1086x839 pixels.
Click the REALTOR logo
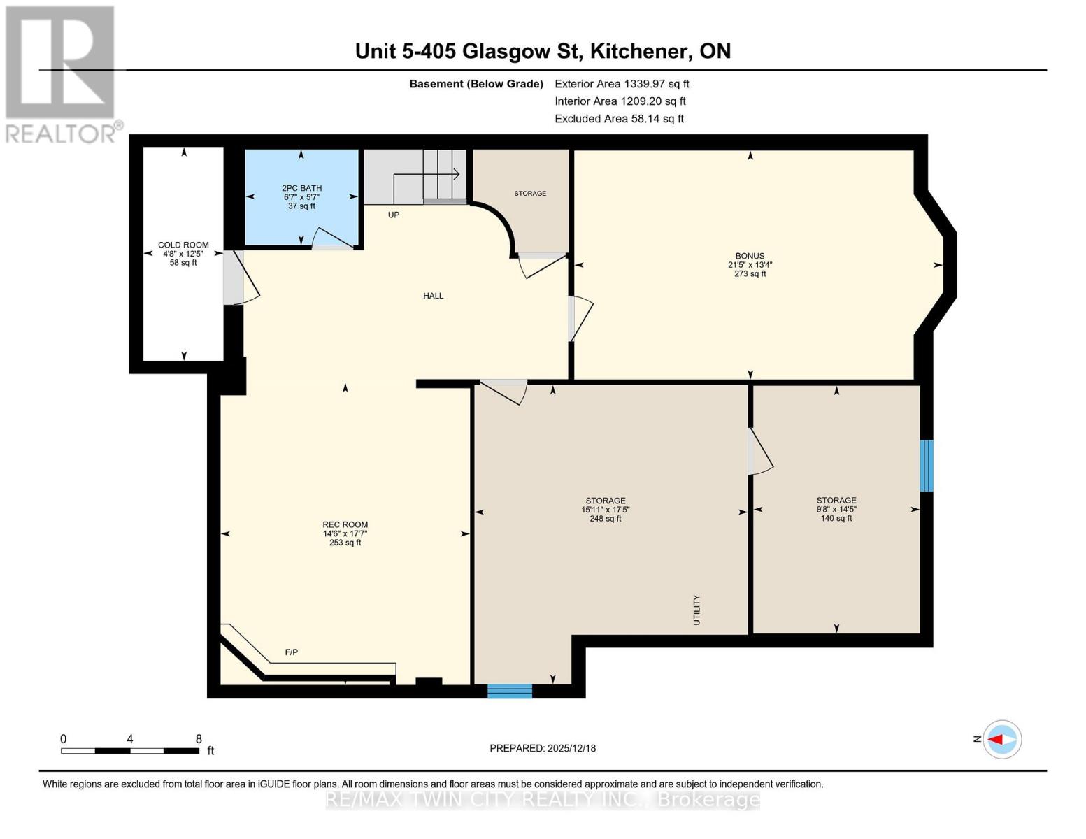point(62,75)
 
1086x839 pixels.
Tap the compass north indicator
point(1001,740)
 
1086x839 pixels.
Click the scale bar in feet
point(130,750)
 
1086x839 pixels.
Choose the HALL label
point(434,295)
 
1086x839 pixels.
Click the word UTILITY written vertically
point(696,610)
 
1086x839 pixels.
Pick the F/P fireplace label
point(292,652)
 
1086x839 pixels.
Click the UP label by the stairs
point(394,215)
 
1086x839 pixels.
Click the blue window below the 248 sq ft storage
point(510,691)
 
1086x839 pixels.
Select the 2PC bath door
point(332,239)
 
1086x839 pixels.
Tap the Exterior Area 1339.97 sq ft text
point(622,84)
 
